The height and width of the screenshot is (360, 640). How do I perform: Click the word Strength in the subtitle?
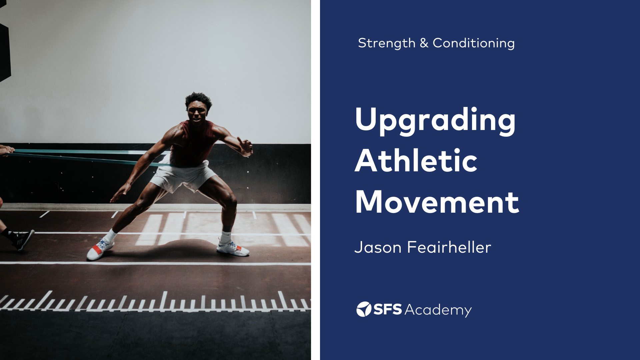coord(386,43)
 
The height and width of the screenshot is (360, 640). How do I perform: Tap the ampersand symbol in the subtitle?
coord(424,43)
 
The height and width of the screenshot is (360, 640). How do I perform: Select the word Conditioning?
coord(473,43)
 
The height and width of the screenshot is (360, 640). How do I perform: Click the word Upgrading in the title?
coord(435,120)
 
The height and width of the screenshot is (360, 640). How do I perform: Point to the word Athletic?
coord(416,161)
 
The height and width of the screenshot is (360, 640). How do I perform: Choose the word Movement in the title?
coord(437,202)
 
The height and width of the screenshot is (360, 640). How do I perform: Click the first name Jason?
coord(378,247)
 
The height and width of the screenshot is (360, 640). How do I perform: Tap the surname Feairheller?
coord(449,247)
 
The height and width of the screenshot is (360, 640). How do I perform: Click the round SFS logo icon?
coord(364,309)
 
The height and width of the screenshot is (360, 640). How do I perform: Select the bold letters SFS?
coord(387,309)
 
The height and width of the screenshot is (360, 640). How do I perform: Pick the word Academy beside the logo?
coord(438,310)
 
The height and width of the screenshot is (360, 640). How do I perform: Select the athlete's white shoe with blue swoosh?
coord(233,248)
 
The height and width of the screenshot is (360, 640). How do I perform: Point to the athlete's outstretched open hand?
coord(246,147)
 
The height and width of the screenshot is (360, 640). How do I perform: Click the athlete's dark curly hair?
coord(198,98)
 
